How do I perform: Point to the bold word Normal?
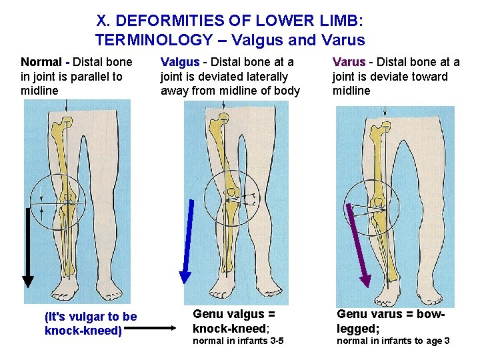41,62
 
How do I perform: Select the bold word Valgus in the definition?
179,62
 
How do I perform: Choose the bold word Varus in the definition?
349,62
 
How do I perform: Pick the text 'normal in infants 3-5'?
238,341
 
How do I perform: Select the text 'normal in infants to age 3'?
393,341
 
